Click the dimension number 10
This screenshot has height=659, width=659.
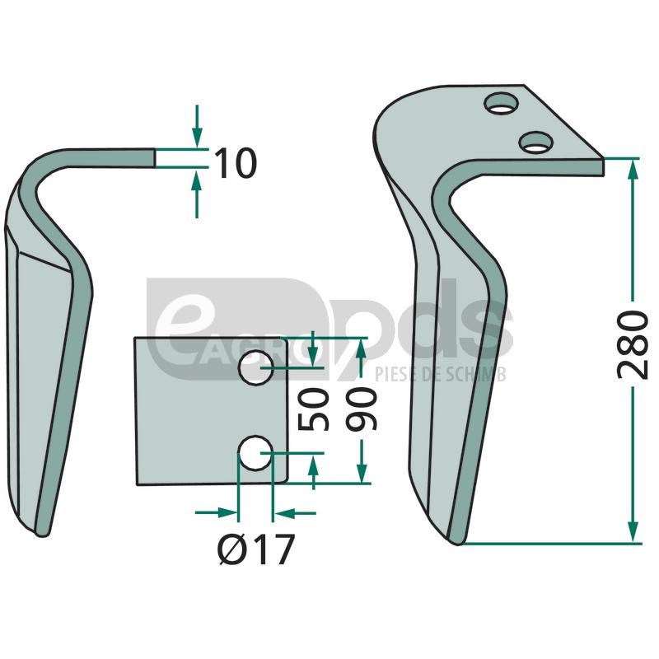236,162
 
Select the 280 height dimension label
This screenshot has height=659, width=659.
633,344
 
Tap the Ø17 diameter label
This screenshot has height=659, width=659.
256,549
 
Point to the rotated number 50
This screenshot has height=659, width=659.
313,409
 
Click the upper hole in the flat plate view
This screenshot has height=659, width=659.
256,367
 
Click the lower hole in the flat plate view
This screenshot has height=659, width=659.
255,453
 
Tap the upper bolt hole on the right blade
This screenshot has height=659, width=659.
501,104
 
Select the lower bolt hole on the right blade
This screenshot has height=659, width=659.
536,143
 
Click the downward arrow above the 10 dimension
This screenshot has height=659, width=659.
197,126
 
